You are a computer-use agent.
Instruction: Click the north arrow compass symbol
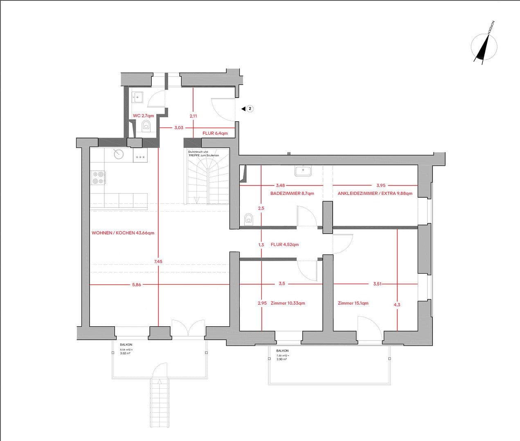coord(484,45)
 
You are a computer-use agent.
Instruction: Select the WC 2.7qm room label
coord(143,116)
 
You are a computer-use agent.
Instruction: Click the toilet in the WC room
coord(146,126)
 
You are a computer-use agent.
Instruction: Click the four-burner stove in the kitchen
coord(98,178)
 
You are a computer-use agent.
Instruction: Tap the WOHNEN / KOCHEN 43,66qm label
coord(123,233)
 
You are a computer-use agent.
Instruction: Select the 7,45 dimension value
coord(158,261)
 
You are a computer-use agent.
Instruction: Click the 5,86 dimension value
coord(136,285)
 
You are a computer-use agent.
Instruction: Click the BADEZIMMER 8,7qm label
coord(292,193)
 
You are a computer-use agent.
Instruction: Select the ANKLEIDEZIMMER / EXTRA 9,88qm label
coord(375,193)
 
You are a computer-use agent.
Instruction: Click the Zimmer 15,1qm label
coord(353,303)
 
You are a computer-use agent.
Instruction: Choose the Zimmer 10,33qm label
coord(288,303)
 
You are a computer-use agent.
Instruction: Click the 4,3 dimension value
coord(397,304)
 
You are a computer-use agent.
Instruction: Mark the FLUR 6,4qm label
coord(215,133)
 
